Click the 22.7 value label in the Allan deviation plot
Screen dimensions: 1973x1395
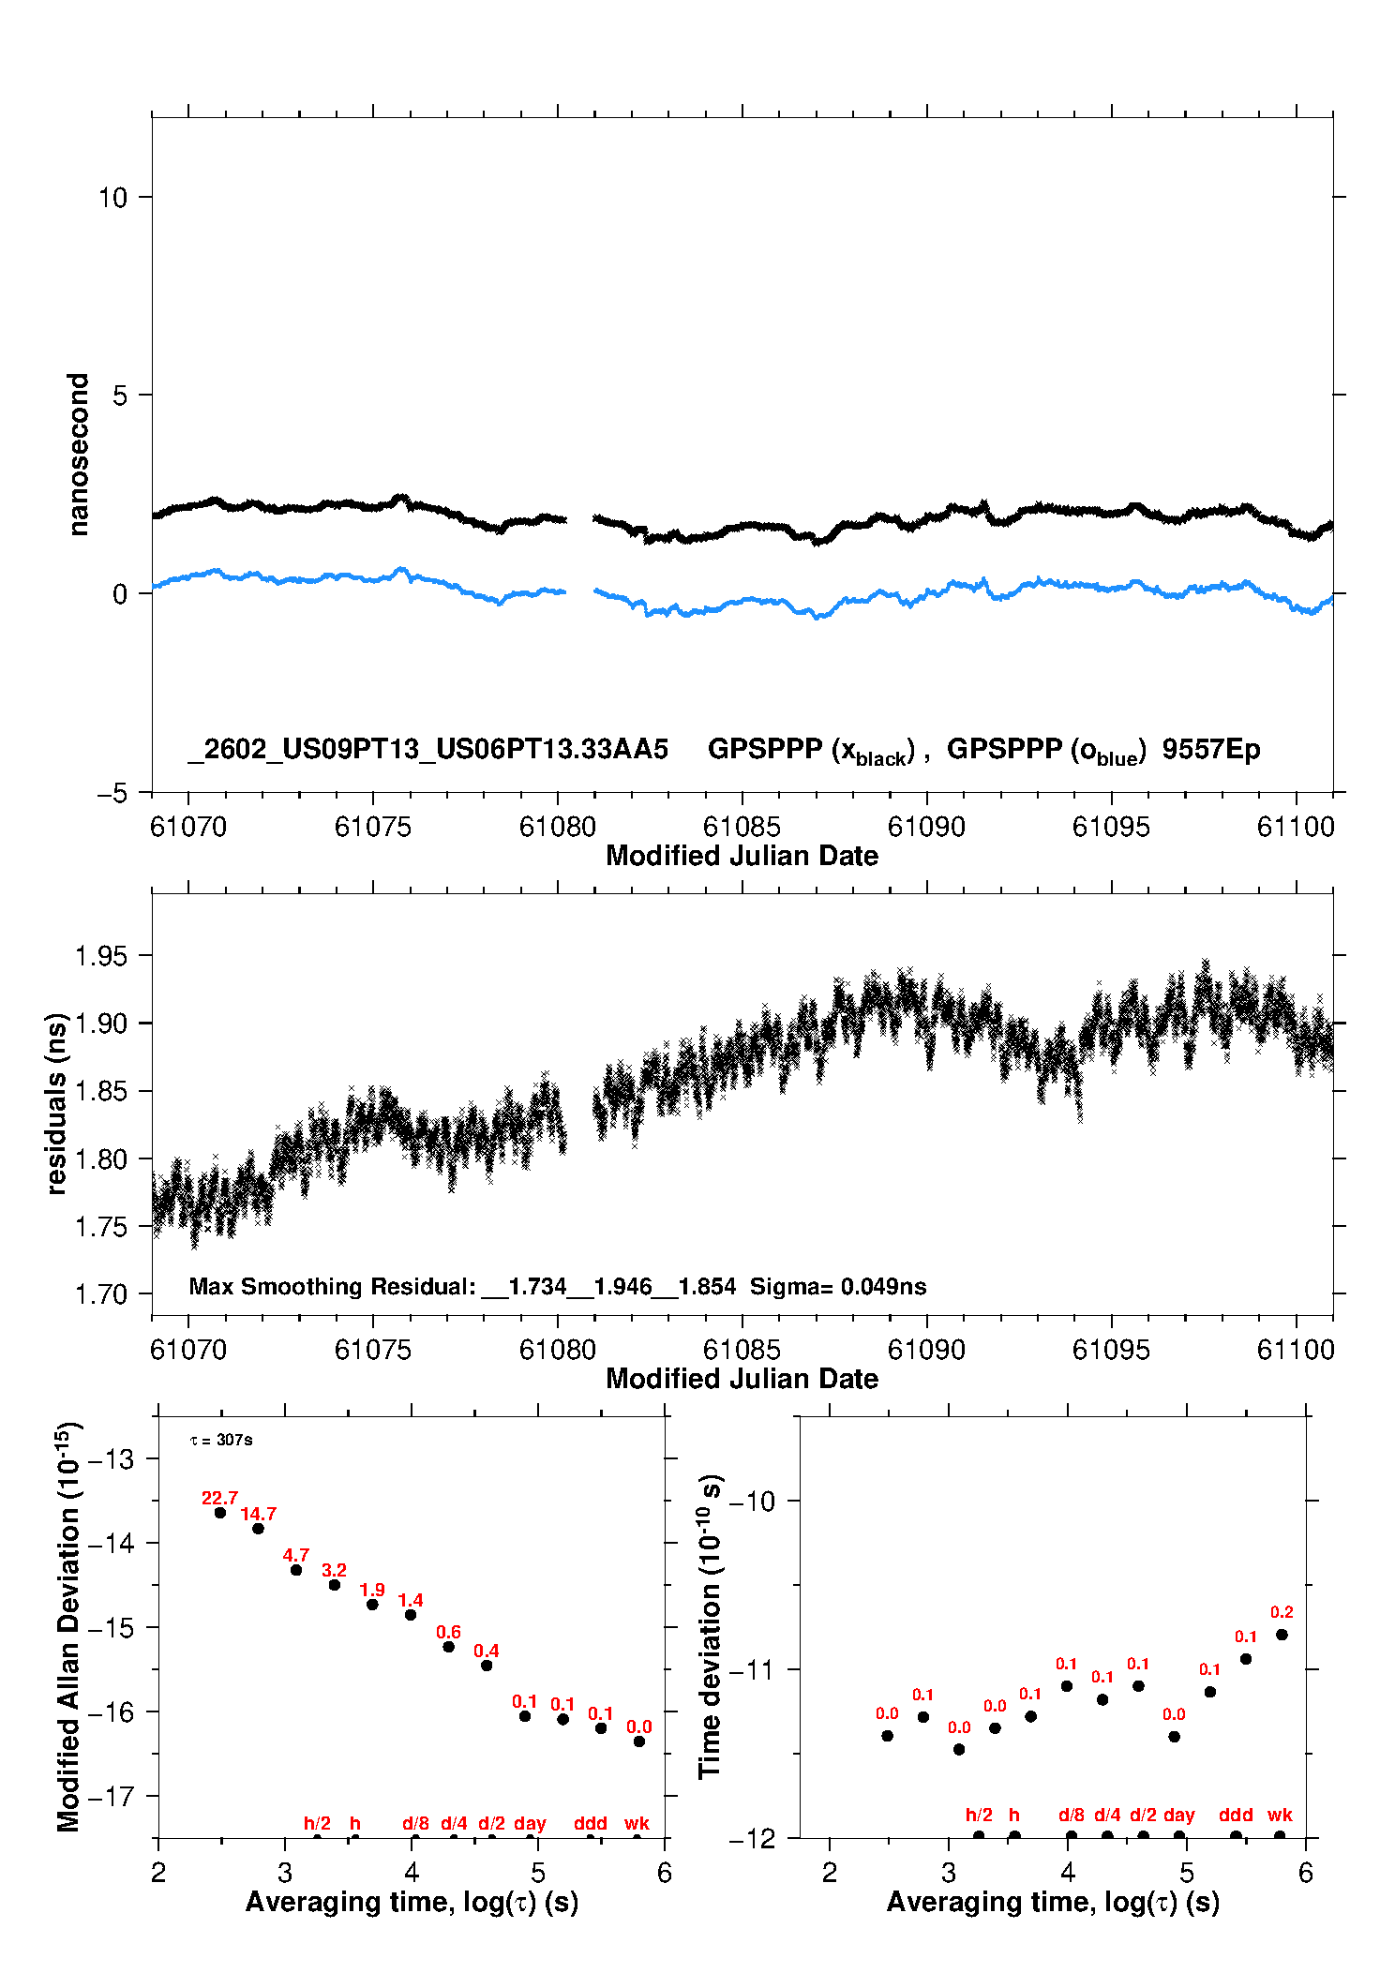click(x=219, y=1498)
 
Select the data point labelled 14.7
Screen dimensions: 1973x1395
click(x=258, y=1529)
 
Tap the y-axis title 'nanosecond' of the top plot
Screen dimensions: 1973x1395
click(x=78, y=455)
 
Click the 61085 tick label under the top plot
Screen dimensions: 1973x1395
click(x=741, y=827)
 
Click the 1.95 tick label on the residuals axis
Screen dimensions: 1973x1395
click(x=100, y=956)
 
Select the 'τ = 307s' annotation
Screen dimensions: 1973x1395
click(x=221, y=1440)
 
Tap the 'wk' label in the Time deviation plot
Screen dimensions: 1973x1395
click(x=1280, y=1815)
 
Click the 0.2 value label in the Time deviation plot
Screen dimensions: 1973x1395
click(x=1282, y=1612)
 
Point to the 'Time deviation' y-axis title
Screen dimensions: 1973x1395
click(x=711, y=1626)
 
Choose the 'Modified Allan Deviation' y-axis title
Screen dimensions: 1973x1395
click(x=68, y=1626)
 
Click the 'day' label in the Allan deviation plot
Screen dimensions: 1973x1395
click(x=530, y=1823)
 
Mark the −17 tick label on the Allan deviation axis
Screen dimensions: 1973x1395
click(x=110, y=1797)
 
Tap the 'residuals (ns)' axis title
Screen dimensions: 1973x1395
click(x=56, y=1104)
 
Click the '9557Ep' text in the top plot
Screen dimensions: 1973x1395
click(x=1210, y=749)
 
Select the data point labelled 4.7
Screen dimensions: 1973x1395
click(x=296, y=1570)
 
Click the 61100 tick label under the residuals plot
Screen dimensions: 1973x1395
click(x=1295, y=1350)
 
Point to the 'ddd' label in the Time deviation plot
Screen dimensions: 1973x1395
click(x=1236, y=1815)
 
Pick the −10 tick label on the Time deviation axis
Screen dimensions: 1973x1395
click(x=751, y=1501)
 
